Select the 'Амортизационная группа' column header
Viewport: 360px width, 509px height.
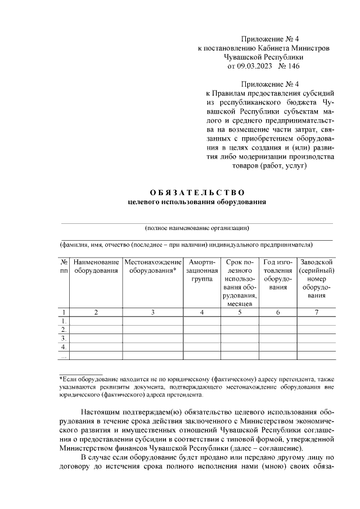tap(202, 271)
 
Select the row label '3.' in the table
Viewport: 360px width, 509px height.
tap(64, 339)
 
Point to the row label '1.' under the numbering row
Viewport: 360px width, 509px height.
tap(64, 321)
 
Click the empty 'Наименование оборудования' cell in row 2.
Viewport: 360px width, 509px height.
tap(96, 330)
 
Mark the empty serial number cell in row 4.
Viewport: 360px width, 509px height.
tap(317, 347)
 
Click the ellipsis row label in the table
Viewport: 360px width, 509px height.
tap(64, 355)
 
